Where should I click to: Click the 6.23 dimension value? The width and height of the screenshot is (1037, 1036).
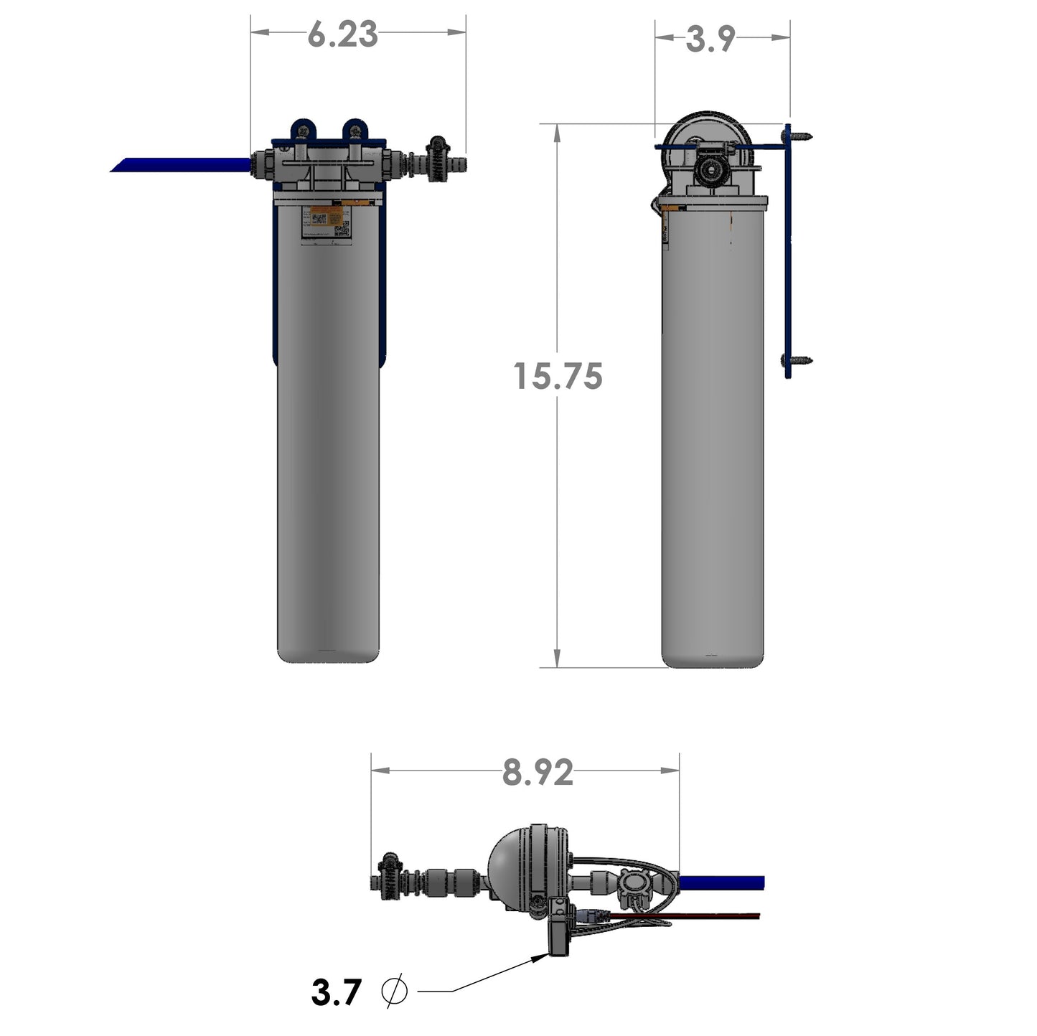click(x=342, y=34)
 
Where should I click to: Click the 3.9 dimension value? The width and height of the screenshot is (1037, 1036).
click(x=710, y=39)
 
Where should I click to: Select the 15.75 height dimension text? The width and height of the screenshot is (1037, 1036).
click(x=558, y=377)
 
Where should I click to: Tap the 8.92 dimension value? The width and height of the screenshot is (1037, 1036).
click(x=538, y=773)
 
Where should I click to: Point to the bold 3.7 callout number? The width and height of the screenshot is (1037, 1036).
click(x=336, y=993)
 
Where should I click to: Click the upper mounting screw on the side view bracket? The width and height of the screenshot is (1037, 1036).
click(x=802, y=134)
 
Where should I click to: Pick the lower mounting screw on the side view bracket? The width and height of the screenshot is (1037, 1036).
click(x=802, y=359)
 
